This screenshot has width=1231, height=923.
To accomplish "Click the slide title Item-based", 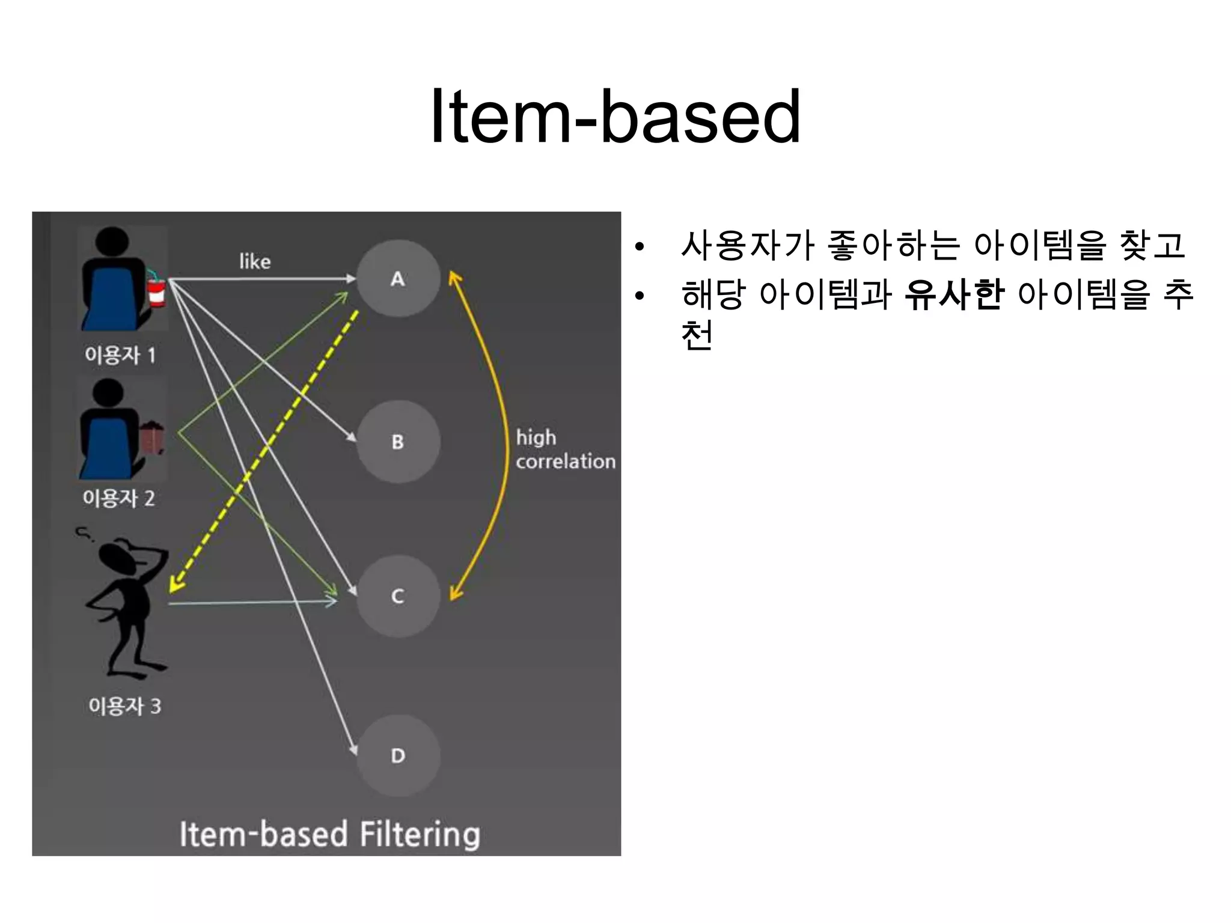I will coord(615,117).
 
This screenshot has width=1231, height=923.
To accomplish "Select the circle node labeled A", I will coord(398,279).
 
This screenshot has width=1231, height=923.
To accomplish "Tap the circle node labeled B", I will coord(398,442).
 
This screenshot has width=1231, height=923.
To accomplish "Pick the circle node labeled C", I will coord(398,596).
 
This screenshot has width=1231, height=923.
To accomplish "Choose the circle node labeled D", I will coord(398,756).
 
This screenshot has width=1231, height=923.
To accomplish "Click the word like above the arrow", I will coord(255,261).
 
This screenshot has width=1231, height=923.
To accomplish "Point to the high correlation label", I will coord(565,449).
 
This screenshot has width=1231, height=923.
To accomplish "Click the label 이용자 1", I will coord(120,355).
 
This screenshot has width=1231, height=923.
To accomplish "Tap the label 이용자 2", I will coord(119,498).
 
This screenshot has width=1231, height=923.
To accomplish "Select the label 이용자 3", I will coord(124,706).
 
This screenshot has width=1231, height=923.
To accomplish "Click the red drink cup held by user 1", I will coord(156,291).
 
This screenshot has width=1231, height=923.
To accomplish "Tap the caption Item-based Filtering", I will coord(329,834).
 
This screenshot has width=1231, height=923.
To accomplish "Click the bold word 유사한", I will coord(954,295).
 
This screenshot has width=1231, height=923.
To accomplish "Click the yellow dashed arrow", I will coord(264,451).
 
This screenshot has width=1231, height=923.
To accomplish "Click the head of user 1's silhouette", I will coord(112,242).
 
